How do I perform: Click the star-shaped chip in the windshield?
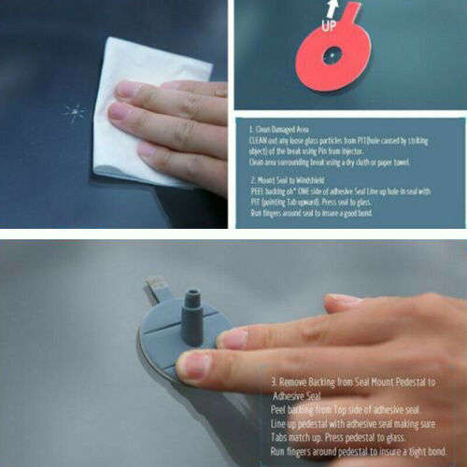[75, 113]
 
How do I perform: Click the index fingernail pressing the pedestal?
[193, 364]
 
